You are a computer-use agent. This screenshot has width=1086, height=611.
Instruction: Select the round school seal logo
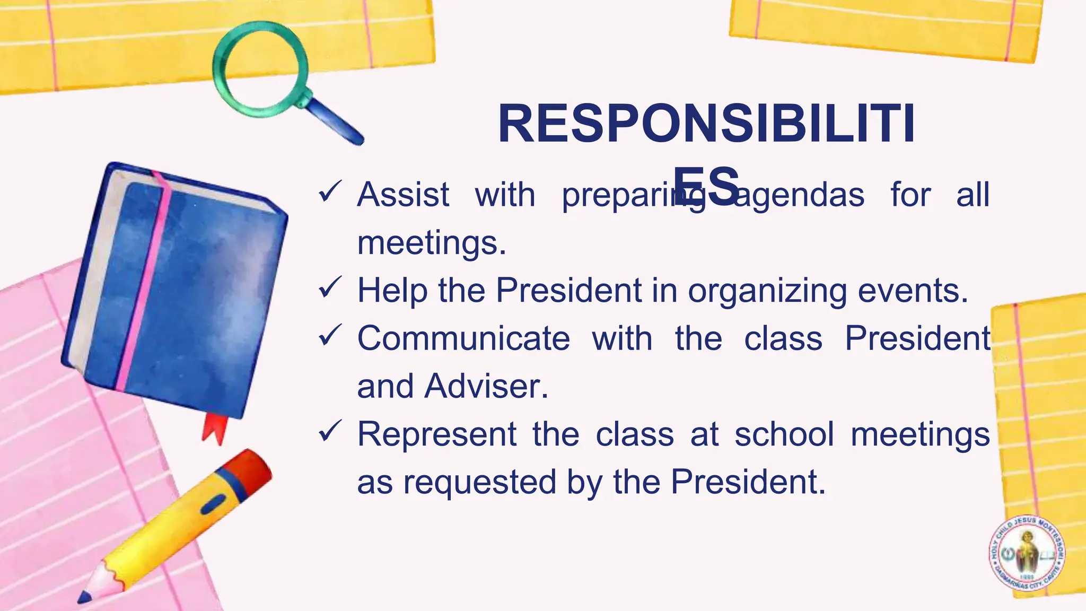click(x=1027, y=553)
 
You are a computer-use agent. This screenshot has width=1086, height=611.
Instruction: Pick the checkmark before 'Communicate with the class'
click(x=330, y=335)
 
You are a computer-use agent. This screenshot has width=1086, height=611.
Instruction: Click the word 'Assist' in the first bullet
click(x=403, y=195)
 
